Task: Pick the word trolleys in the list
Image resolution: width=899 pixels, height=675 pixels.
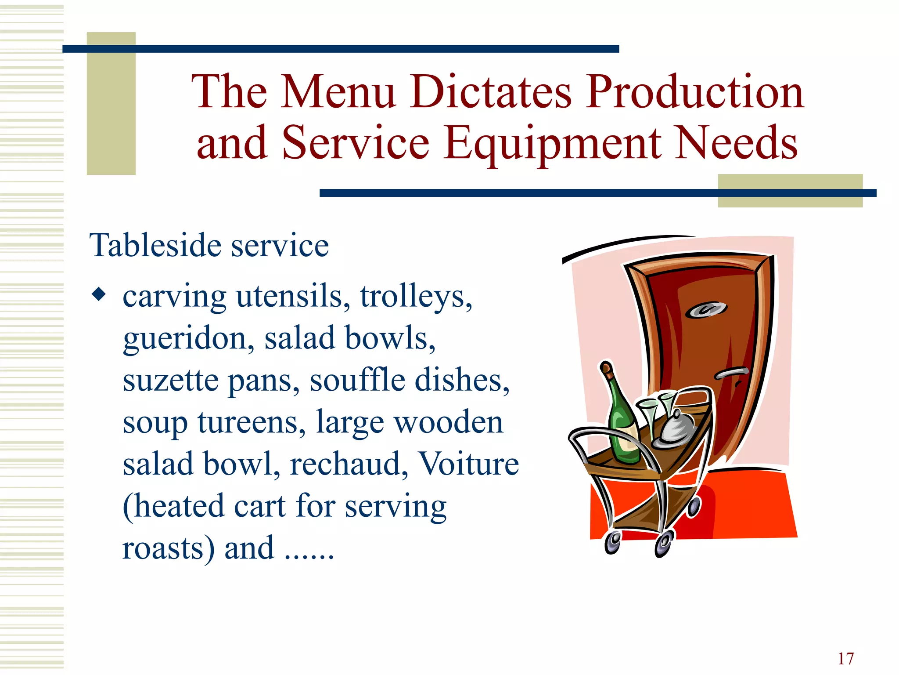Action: pos(416,297)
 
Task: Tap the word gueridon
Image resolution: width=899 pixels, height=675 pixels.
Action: pos(188,339)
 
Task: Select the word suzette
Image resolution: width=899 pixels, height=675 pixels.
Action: pos(170,380)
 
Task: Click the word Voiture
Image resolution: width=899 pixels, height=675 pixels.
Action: pos(468,464)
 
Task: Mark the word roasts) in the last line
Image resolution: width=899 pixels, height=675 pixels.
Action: pos(169,548)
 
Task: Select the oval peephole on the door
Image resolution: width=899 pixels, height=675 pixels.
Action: pos(706,310)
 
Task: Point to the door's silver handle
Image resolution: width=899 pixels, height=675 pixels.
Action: pos(731,373)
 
